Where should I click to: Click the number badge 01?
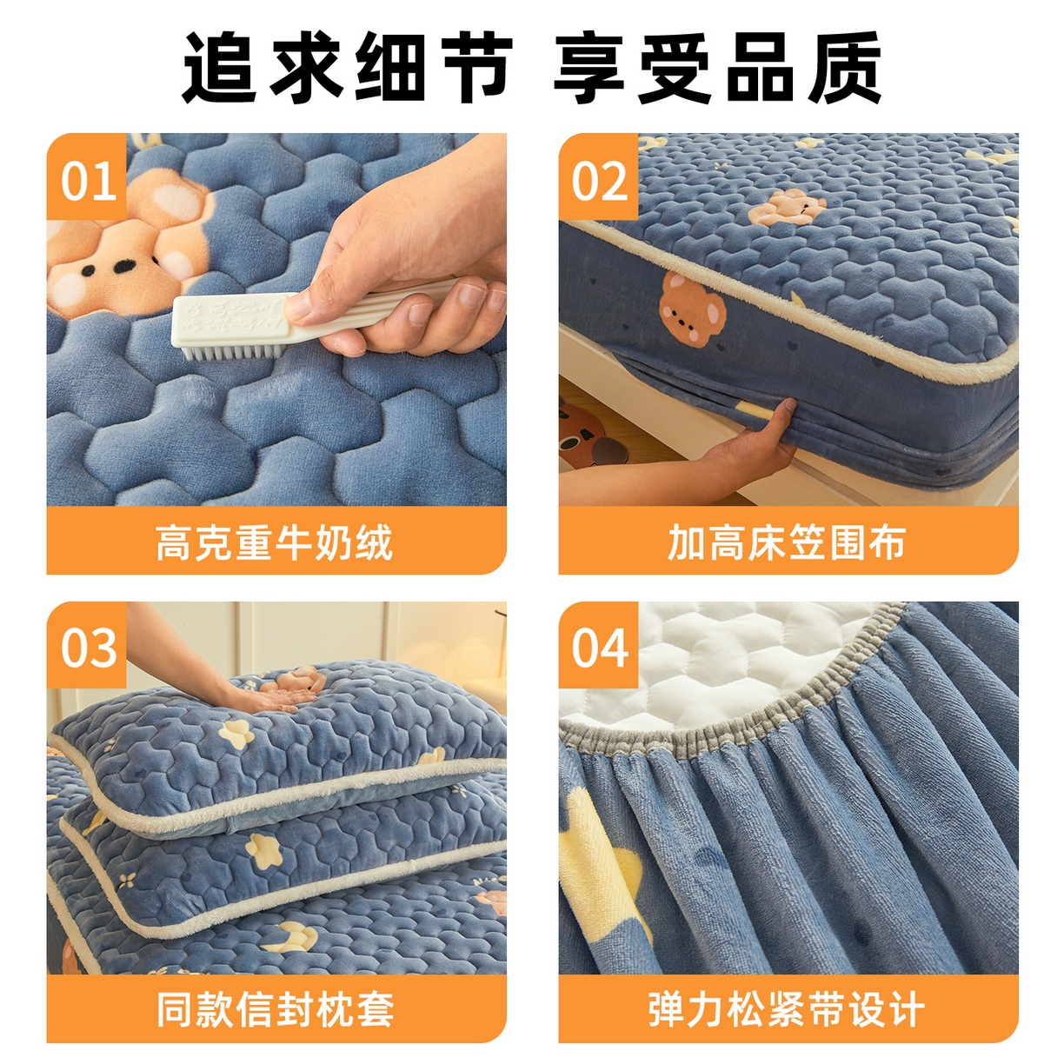pyautogui.click(x=88, y=181)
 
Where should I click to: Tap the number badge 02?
pyautogui.click(x=599, y=181)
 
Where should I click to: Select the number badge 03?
pyautogui.click(x=88, y=648)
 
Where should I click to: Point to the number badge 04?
pyautogui.click(x=599, y=648)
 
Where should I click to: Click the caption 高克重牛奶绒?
pyautogui.click(x=275, y=542)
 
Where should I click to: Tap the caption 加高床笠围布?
pyautogui.click(x=787, y=542)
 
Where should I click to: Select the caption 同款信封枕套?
pyautogui.click(x=275, y=1009)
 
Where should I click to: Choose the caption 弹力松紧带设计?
pyautogui.click(x=787, y=1009)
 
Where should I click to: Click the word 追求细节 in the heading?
pyautogui.click(x=346, y=68)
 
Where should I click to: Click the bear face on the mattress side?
pyautogui.click(x=691, y=309)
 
